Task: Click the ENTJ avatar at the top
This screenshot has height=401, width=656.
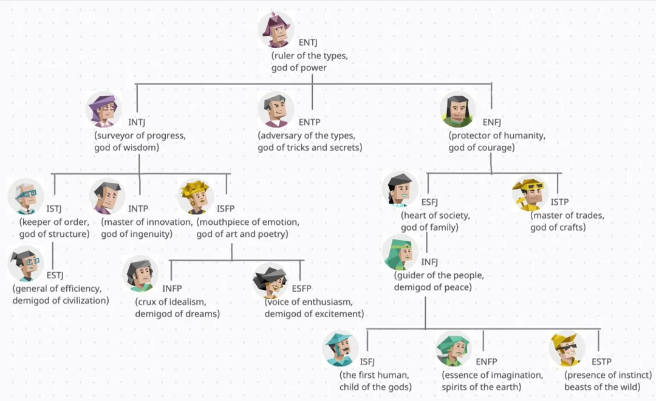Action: tap(276, 30)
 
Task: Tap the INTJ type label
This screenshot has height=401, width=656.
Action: tap(137, 122)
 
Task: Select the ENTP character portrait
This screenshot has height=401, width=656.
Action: tap(276, 109)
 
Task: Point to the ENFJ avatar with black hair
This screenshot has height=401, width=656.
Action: tap(458, 109)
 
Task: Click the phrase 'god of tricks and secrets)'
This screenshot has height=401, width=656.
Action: tap(309, 148)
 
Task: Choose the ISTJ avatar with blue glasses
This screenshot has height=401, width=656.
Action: tap(26, 196)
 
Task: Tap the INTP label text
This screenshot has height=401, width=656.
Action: tap(138, 209)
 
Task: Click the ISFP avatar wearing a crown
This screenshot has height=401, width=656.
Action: tap(196, 196)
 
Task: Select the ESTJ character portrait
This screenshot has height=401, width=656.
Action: tap(26, 263)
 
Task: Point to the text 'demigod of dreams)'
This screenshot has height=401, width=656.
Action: tap(177, 314)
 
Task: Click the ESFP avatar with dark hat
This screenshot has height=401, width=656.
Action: tap(270, 280)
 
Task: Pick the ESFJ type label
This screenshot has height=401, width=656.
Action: tap(429, 202)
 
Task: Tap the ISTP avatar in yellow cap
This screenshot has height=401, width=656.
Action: tap(530, 194)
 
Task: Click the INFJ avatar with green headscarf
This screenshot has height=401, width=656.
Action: tap(401, 252)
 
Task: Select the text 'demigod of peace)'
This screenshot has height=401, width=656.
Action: tap(432, 287)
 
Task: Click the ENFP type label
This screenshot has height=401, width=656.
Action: tap(486, 362)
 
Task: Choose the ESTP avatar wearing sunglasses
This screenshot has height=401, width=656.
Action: tap(567, 349)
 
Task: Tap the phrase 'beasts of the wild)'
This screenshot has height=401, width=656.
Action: tap(602, 388)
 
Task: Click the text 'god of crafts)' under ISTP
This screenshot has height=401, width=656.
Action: tap(558, 228)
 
